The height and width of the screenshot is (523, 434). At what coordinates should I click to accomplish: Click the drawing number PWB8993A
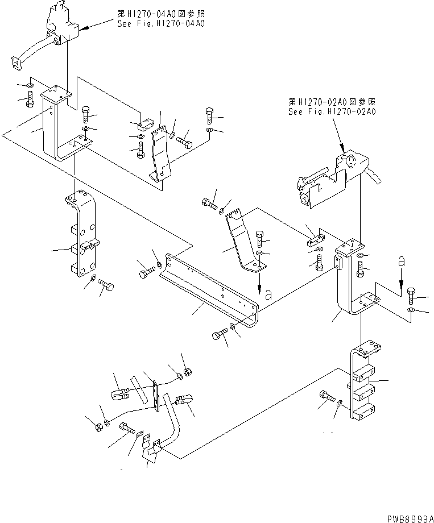click(408, 517)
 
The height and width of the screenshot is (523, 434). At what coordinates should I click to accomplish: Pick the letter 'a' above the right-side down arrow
click(401, 262)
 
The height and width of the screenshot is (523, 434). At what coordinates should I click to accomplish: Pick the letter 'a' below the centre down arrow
click(267, 295)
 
